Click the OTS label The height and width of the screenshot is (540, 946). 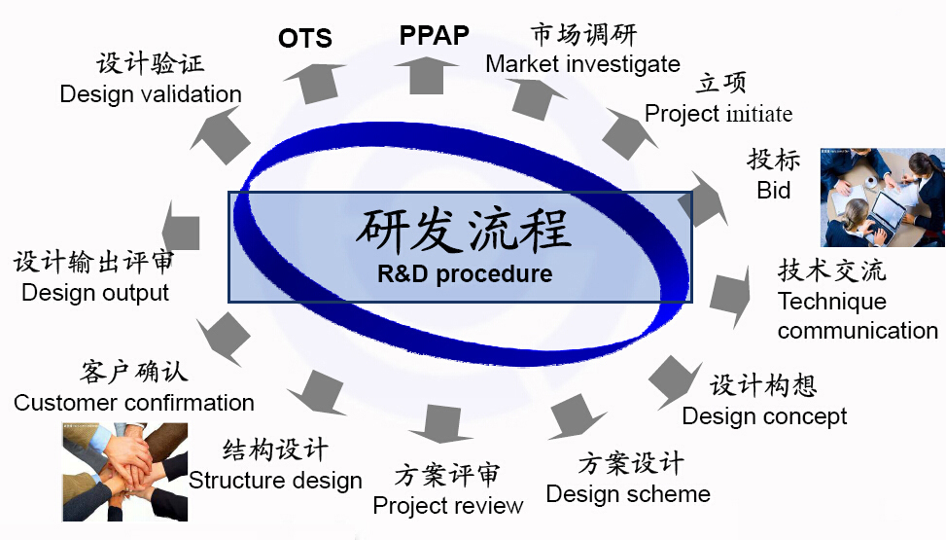(x=304, y=38)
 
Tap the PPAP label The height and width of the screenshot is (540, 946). (x=435, y=35)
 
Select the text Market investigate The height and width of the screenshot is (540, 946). (x=582, y=63)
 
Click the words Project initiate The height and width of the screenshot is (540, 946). (x=718, y=114)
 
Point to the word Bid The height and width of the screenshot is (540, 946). (x=774, y=191)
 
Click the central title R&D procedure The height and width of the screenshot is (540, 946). (x=465, y=273)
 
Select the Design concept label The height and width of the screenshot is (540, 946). (x=764, y=416)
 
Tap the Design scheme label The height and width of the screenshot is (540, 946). (x=628, y=494)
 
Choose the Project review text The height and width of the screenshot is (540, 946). (x=447, y=505)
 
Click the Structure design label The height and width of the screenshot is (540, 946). (x=275, y=481)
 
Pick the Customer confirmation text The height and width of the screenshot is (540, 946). (x=134, y=402)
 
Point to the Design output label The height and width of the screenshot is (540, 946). (x=95, y=292)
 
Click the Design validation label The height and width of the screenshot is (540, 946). (x=151, y=94)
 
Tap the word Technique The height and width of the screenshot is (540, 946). (x=832, y=301)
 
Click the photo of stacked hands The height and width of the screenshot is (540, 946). (x=124, y=472)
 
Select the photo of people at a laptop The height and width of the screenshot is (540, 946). (x=882, y=198)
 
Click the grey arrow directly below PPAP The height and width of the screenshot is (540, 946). (x=427, y=76)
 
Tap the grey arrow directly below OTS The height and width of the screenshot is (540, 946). (x=314, y=83)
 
